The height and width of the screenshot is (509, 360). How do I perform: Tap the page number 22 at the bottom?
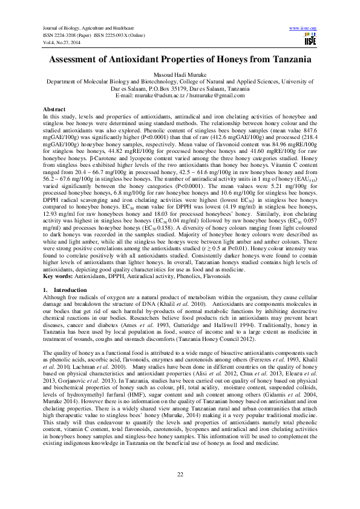[180, 473]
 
